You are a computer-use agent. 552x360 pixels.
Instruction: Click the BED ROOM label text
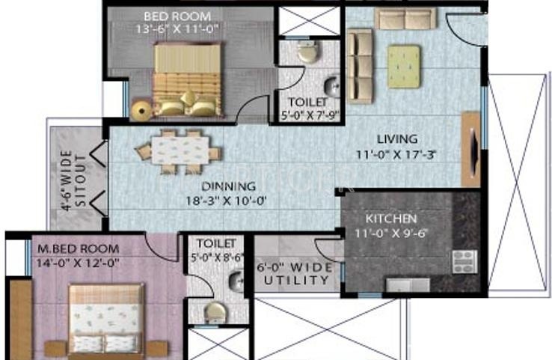[179, 16]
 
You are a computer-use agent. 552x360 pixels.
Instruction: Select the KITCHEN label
[390, 219]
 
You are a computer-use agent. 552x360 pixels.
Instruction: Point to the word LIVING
[396, 138]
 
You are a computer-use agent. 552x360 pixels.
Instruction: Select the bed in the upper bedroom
[187, 79]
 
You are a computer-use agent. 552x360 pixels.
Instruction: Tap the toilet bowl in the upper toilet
[306, 52]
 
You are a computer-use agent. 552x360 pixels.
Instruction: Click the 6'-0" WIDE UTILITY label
[293, 272]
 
